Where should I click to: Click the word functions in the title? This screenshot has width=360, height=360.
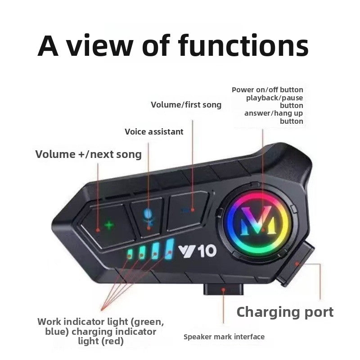click(243, 46)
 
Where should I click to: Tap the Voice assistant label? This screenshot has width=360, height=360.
click(154, 132)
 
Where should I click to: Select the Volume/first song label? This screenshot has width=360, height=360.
click(186, 105)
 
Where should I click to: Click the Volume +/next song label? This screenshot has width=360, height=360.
click(88, 154)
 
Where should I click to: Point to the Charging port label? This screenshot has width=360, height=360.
click(285, 312)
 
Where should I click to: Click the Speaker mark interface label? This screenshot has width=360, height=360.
click(224, 337)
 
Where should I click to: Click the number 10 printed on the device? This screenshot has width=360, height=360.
click(207, 250)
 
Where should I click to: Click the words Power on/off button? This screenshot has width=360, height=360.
click(267, 90)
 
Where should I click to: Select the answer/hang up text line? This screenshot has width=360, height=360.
click(274, 113)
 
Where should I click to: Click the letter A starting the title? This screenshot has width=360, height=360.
click(48, 46)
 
